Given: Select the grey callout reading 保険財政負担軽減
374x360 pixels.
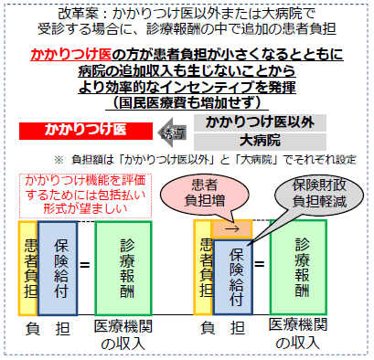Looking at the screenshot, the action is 318,187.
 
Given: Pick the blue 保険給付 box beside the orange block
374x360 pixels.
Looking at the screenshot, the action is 235,270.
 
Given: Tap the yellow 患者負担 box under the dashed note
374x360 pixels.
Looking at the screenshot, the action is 29,260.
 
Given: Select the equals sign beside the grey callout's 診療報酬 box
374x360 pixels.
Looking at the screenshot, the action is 260,264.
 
